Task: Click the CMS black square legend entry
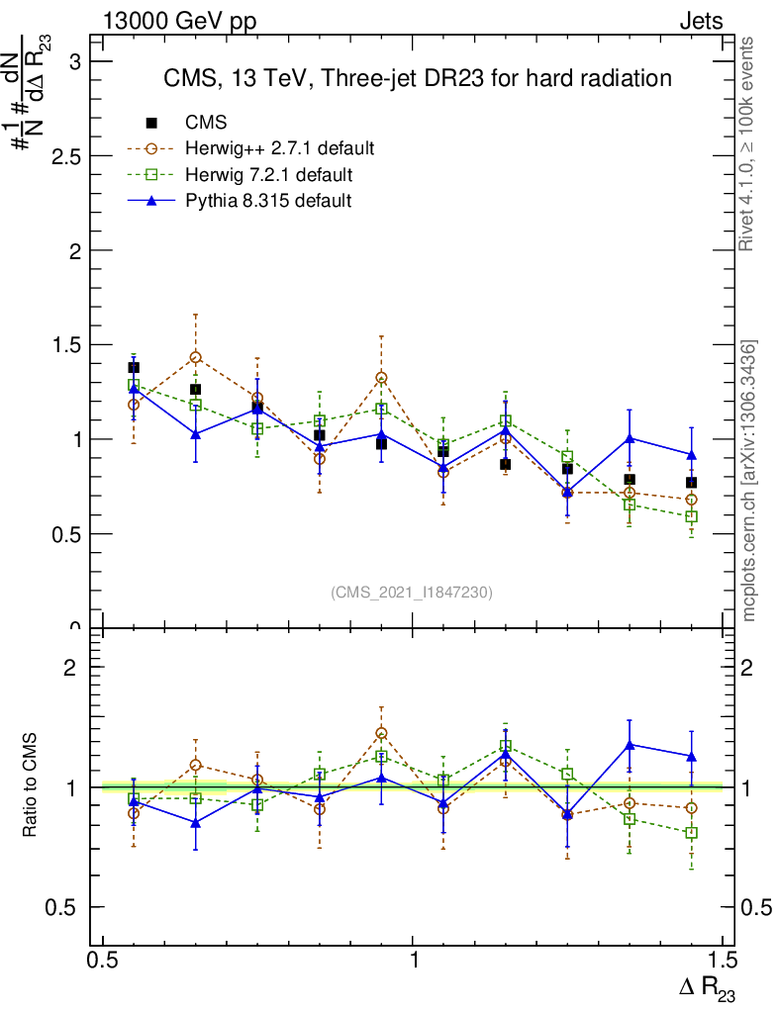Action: click(151, 123)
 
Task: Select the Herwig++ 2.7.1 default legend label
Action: click(279, 149)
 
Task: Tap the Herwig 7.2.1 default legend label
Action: click(268, 175)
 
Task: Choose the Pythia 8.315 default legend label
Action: click(268, 201)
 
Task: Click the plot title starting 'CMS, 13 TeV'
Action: click(418, 78)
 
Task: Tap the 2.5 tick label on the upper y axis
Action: click(66, 156)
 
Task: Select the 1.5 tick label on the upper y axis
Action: click(66, 345)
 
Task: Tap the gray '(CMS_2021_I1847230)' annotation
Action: click(412, 592)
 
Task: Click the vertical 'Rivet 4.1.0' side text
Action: click(748, 144)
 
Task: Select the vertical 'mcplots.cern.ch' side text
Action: click(748, 481)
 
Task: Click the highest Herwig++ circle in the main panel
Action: click(196, 357)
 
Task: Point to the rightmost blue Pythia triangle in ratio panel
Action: click(691, 756)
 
